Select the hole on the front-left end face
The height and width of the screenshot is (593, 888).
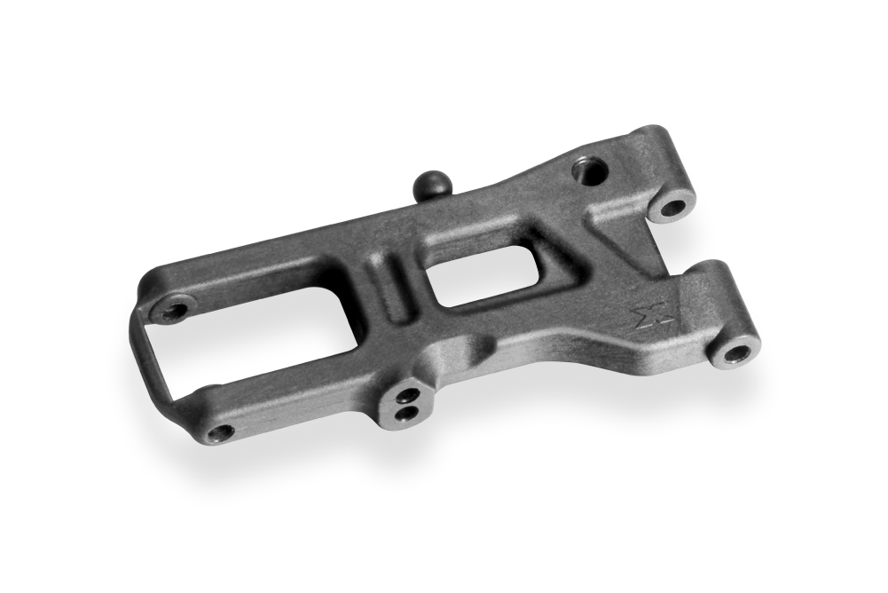pyautogui.click(x=219, y=433)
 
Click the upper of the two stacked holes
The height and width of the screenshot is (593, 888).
pyautogui.click(x=407, y=395)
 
